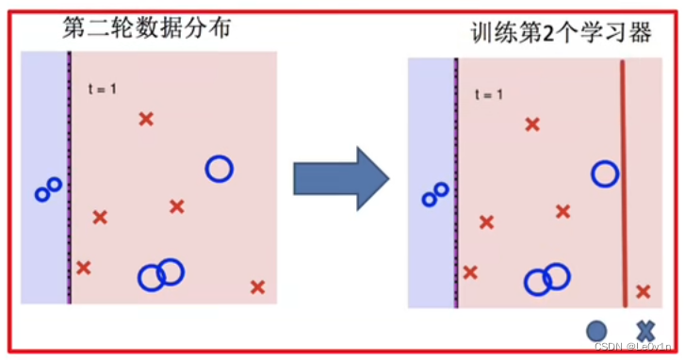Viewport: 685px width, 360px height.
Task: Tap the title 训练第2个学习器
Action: [562, 34]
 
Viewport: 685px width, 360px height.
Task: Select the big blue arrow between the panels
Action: [340, 177]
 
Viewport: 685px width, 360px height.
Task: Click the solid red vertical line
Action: [623, 184]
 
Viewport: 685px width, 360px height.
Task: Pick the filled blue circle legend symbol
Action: [596, 331]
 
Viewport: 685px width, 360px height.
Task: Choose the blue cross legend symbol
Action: [645, 331]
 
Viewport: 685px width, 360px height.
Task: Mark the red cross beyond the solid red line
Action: [643, 292]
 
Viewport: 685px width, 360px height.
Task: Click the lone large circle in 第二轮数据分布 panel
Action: [219, 169]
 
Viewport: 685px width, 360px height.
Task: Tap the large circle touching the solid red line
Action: [605, 173]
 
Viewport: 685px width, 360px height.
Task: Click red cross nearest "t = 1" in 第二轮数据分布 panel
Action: [146, 119]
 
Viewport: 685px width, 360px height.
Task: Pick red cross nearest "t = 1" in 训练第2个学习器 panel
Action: [532, 123]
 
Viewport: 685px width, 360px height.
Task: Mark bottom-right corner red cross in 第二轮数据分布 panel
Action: [257, 286]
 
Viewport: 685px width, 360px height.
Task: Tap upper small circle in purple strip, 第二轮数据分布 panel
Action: [55, 185]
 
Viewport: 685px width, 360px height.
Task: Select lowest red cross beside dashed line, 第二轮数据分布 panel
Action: [83, 268]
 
